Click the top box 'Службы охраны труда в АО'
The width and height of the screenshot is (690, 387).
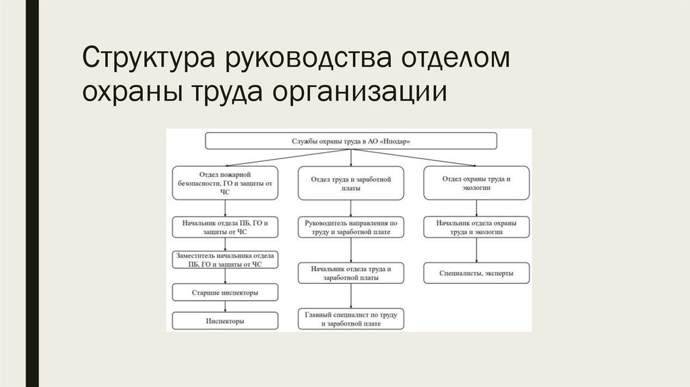(x=351, y=141)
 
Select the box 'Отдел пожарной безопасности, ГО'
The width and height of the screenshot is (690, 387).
(x=225, y=183)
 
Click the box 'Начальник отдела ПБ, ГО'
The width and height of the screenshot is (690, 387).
(x=225, y=227)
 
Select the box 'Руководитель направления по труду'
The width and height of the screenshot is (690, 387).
(x=351, y=227)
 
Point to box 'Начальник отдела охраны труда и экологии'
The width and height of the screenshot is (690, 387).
(x=476, y=227)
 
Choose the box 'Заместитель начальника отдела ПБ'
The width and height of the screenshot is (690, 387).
(x=225, y=260)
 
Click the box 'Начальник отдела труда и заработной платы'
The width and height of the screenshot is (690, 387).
(x=351, y=272)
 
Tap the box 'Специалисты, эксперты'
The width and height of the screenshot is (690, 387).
(x=476, y=273)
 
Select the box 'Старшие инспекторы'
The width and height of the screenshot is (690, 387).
(x=225, y=292)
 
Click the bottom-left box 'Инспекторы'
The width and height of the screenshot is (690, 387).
(x=225, y=321)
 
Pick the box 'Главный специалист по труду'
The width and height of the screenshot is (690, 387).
(x=351, y=319)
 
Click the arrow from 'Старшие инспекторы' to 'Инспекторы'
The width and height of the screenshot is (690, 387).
(x=225, y=306)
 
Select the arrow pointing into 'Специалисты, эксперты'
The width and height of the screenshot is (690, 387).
(x=476, y=250)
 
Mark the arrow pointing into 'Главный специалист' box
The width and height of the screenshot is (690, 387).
(x=351, y=296)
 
